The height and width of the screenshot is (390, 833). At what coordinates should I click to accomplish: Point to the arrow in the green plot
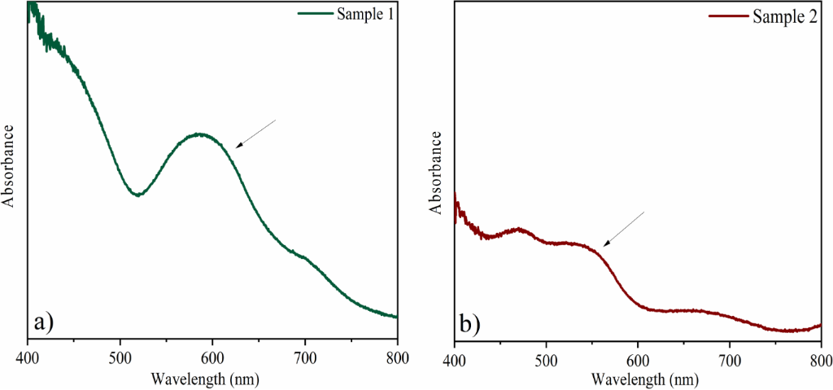pos(256,134)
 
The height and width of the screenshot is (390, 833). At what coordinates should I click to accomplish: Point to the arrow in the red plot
pos(623,229)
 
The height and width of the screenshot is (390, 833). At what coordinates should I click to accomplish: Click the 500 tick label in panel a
pos(120,356)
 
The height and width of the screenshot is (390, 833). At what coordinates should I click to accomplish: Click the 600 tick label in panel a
pos(212,356)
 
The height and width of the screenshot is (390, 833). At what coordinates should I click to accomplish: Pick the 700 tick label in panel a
pos(305,356)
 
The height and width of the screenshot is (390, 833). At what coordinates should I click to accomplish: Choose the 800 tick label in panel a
pos(397,356)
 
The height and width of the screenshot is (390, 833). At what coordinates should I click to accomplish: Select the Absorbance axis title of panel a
pos(11,165)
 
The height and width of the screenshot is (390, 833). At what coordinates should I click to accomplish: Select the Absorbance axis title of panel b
pos(436,172)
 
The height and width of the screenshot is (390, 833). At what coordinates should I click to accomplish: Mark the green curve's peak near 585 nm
pos(198,134)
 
